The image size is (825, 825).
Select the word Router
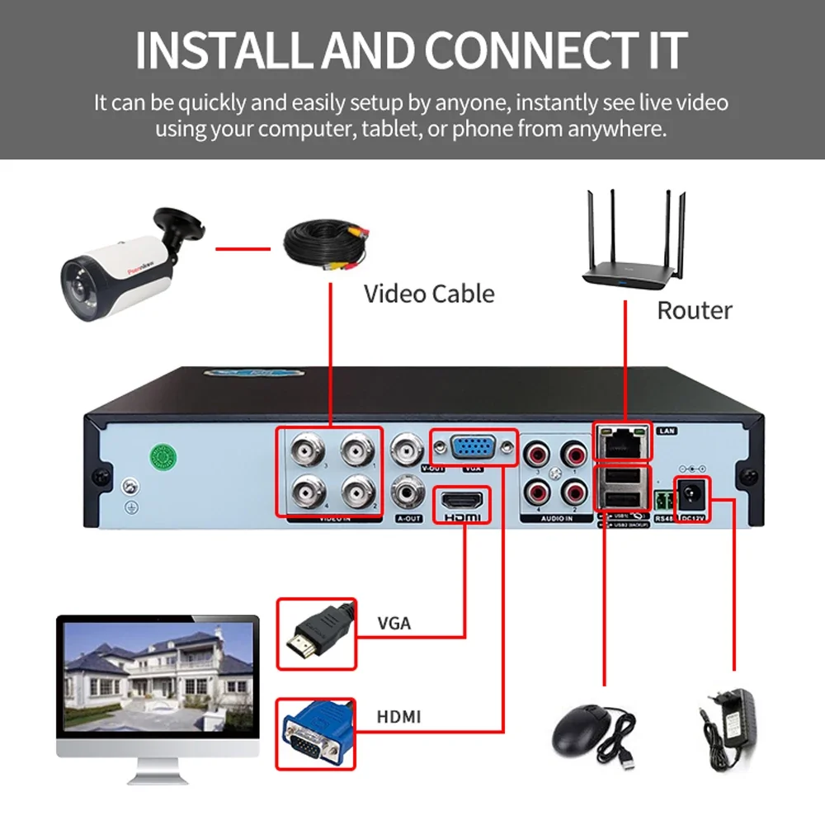694,310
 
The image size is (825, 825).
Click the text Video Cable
429,293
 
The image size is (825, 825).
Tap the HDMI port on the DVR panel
460,501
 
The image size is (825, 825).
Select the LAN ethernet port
620,442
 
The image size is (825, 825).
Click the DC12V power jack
691,493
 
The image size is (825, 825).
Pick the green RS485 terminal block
662,500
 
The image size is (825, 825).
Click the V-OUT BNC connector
408,450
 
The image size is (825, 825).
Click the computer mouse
584,729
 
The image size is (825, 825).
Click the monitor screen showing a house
157,672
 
